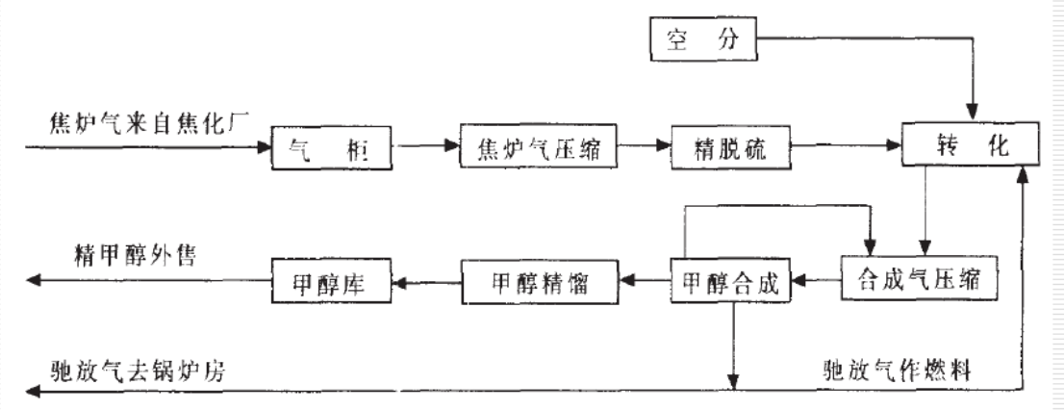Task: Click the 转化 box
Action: coord(969,147)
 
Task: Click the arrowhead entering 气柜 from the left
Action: coord(264,148)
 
